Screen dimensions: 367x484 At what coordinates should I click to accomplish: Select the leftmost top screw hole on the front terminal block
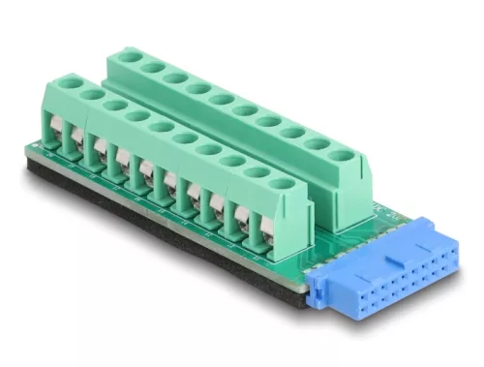click(67, 86)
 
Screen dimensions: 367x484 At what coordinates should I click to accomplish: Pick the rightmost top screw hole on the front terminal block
click(282, 181)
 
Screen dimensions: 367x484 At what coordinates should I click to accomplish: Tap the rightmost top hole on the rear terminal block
click(341, 153)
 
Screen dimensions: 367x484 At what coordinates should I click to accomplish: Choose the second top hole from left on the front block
click(90, 95)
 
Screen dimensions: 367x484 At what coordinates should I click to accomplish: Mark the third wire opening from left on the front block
click(99, 157)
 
